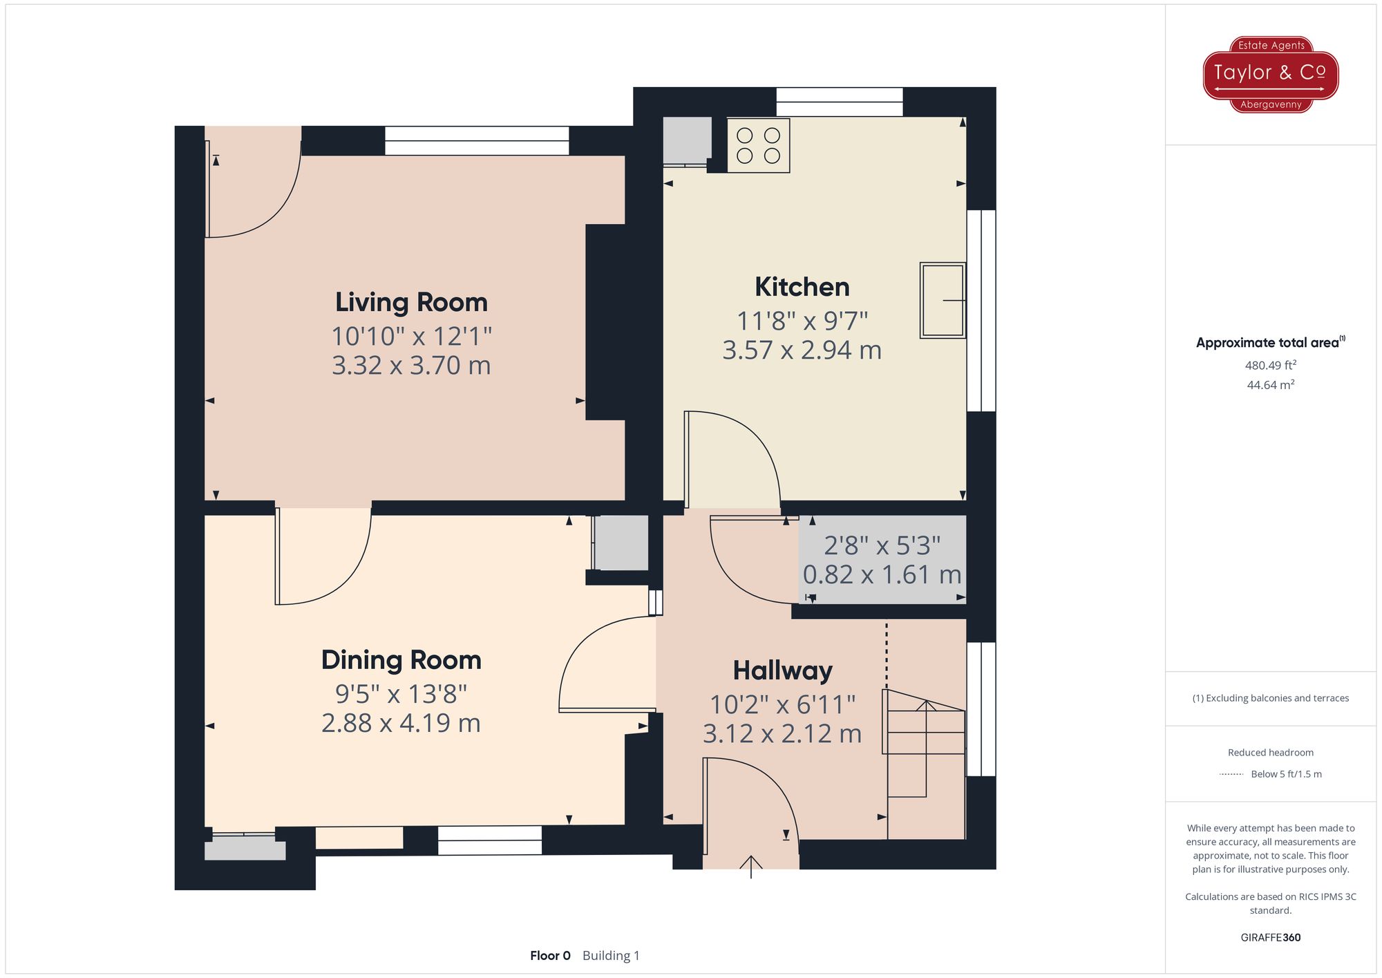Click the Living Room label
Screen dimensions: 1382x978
click(411, 303)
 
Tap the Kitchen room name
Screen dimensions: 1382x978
click(802, 287)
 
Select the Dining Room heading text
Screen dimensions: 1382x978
click(401, 660)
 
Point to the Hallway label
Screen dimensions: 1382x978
click(783, 671)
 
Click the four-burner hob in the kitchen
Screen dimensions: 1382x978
click(758, 145)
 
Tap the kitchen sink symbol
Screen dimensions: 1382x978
click(943, 300)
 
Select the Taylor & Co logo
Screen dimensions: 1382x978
click(1271, 75)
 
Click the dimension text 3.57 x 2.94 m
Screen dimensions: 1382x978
click(802, 350)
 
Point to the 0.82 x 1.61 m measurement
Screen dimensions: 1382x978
click(882, 574)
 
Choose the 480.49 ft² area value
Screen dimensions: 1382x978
click(1271, 365)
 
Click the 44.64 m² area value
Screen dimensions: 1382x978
click(1271, 385)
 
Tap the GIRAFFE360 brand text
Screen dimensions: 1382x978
click(1271, 938)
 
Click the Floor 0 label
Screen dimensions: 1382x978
click(550, 956)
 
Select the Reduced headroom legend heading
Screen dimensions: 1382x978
click(1271, 753)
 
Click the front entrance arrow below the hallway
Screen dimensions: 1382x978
click(751, 866)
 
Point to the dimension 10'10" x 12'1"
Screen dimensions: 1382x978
click(412, 337)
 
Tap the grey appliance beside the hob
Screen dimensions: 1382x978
click(687, 141)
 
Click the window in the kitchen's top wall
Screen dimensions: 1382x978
click(840, 102)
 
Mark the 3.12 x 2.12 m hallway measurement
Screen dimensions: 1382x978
click(782, 734)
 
